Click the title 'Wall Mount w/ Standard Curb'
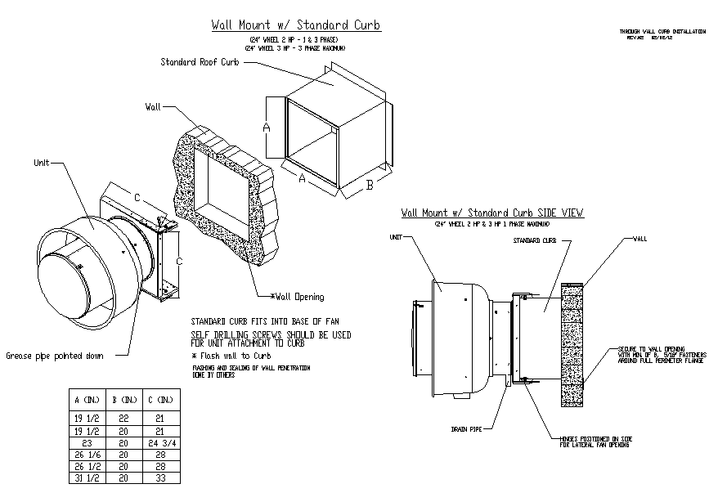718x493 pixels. [x=296, y=25]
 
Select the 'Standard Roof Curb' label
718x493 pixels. [x=200, y=62]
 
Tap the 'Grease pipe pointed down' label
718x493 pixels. [x=55, y=356]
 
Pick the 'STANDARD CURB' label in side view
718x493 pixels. [x=535, y=241]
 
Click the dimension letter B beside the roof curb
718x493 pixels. [x=369, y=185]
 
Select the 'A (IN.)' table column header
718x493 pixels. [x=87, y=400]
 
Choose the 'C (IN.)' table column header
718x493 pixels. [x=159, y=400]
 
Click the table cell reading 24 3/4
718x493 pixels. [x=159, y=443]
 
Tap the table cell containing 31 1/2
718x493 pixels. [x=87, y=478]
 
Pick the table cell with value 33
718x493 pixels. [x=159, y=478]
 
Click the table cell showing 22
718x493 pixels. [x=123, y=417]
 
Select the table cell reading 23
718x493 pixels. [x=87, y=443]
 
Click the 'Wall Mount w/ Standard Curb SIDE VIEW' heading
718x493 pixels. [x=492, y=213]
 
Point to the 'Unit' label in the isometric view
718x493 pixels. [x=42, y=163]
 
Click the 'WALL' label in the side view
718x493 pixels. [x=640, y=240]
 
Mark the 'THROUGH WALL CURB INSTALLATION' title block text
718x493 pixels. [x=662, y=31]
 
